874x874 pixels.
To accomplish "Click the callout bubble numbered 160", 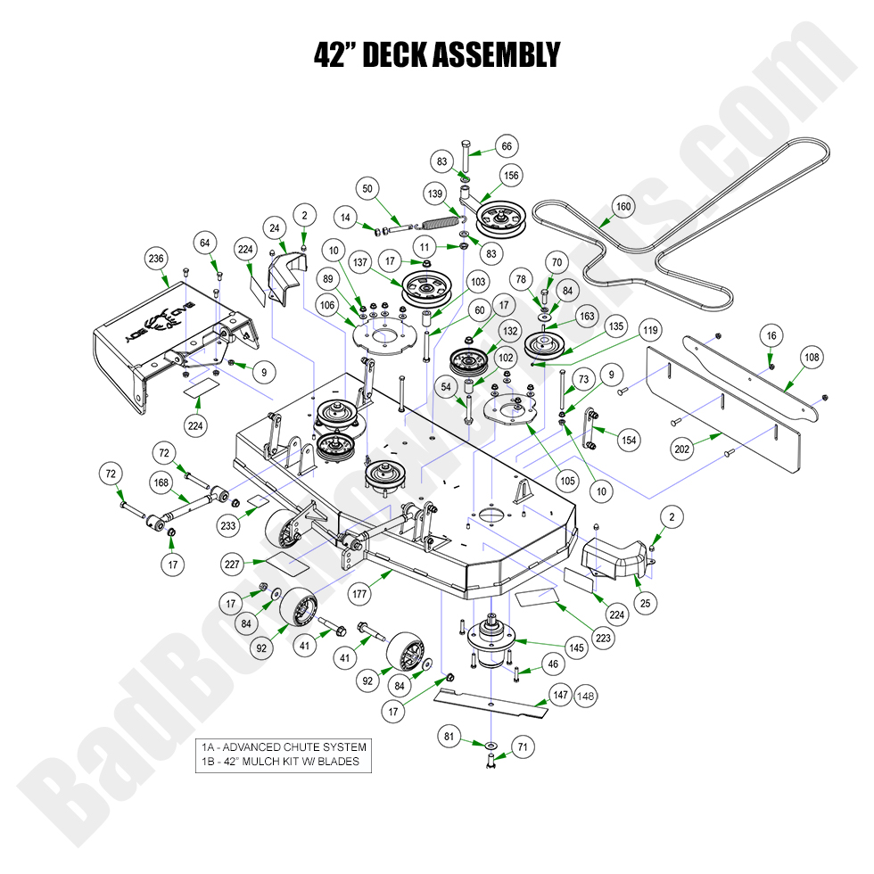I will [x=623, y=207].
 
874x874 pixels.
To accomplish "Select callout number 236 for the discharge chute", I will [x=157, y=258].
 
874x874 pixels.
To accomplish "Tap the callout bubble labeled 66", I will [x=507, y=146].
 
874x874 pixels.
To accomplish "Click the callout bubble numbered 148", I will [x=585, y=696].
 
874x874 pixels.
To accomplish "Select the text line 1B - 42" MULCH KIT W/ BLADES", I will [x=280, y=761].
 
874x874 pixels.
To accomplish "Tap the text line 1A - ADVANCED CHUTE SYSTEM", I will [x=284, y=746].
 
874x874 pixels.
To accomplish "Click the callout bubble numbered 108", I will [x=811, y=359].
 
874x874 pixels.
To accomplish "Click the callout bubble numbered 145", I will [x=577, y=648].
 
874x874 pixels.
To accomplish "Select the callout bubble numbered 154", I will [x=630, y=441].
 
